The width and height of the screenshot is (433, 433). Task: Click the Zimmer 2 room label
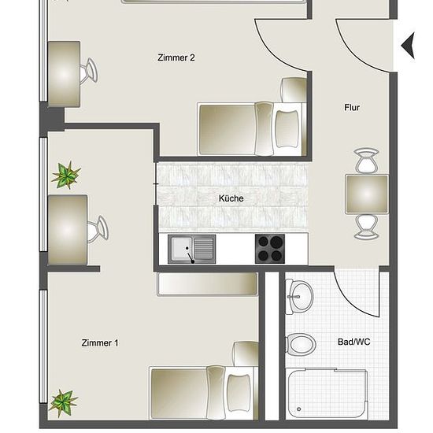pyautogui.click(x=176, y=57)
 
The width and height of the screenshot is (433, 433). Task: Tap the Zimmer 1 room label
pyautogui.click(x=100, y=343)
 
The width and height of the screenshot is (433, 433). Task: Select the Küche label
pyautogui.click(x=231, y=198)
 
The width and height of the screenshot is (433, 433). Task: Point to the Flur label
pyautogui.click(x=352, y=107)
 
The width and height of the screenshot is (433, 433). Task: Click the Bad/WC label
pyautogui.click(x=353, y=342)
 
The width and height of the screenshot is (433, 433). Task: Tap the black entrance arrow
pyautogui.click(x=408, y=46)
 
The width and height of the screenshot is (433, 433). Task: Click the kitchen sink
pyautogui.click(x=191, y=250)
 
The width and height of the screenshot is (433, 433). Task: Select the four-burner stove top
pyautogui.click(x=270, y=249)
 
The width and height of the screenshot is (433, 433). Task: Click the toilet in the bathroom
pyautogui.click(x=301, y=344)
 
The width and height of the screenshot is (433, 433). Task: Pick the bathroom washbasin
pyautogui.click(x=299, y=297)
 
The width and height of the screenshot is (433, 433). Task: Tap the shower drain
pyautogui.click(x=298, y=409)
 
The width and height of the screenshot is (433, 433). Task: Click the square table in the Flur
pyautogui.click(x=367, y=194)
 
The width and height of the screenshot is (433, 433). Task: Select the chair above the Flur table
pyautogui.click(x=366, y=161)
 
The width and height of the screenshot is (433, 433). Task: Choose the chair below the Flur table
pyautogui.click(x=366, y=227)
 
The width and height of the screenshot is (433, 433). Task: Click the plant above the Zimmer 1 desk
pyautogui.click(x=66, y=175)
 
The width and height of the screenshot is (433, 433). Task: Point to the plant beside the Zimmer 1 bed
pyautogui.click(x=64, y=403)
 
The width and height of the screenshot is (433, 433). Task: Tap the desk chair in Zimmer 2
pyautogui.click(x=89, y=70)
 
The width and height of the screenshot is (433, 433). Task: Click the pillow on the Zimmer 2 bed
pyautogui.click(x=287, y=129)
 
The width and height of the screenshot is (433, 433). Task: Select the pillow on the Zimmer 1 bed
pyautogui.click(x=239, y=392)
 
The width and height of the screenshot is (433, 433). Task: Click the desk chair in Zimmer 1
pyautogui.click(x=98, y=230)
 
